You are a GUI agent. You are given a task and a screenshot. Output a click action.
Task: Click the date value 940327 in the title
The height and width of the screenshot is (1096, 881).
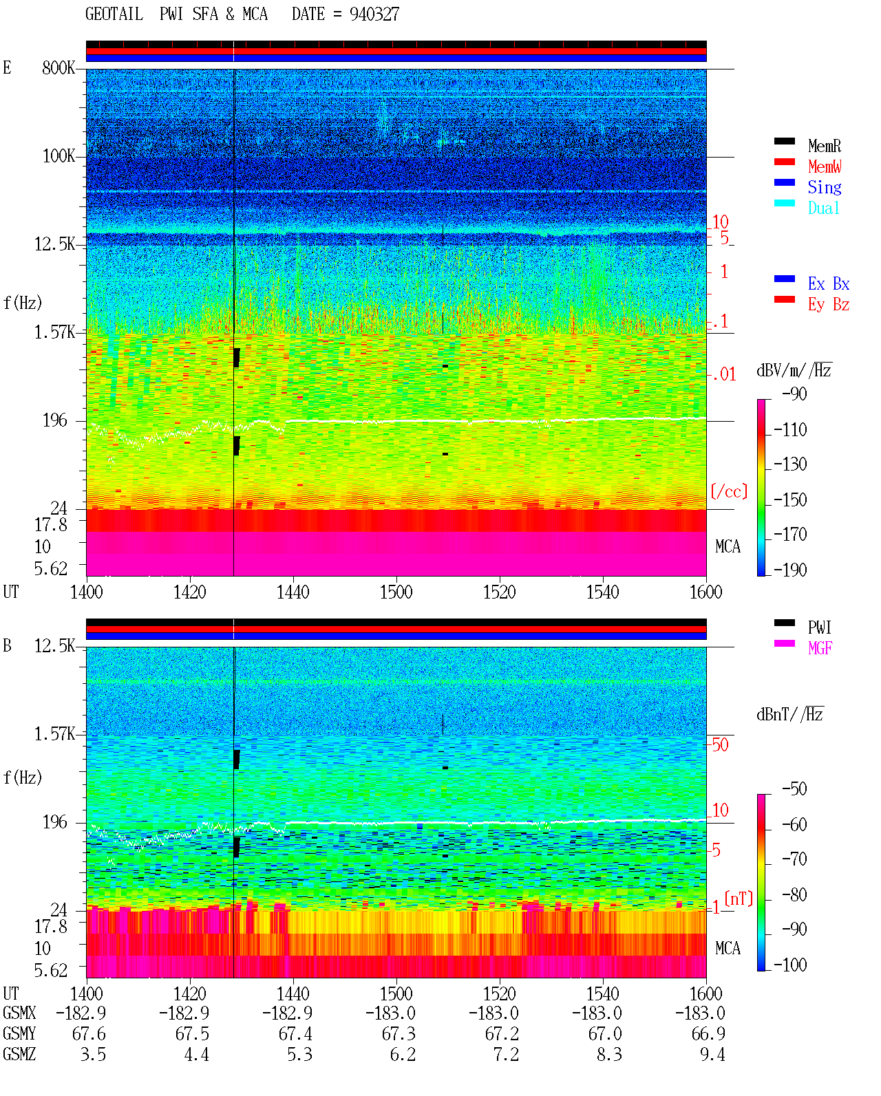click(374, 14)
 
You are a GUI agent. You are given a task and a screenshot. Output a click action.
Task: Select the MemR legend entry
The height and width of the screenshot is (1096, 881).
click(825, 146)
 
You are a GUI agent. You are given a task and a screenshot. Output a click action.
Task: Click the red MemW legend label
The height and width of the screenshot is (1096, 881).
click(825, 166)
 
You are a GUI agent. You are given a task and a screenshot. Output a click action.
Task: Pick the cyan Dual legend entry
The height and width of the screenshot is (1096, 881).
click(823, 208)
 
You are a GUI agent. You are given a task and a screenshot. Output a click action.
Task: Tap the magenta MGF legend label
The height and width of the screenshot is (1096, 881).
click(820, 648)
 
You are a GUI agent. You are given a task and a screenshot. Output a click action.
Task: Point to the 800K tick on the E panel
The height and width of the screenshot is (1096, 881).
click(59, 67)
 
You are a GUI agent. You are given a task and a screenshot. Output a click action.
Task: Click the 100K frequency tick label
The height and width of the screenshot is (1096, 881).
click(59, 156)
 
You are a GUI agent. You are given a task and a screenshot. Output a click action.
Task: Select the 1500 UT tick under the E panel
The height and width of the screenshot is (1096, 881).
click(396, 592)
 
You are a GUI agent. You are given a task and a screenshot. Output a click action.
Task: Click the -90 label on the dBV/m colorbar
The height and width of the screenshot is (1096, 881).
click(794, 394)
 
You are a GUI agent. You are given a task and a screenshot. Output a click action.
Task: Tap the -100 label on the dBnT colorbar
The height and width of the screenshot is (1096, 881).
click(790, 965)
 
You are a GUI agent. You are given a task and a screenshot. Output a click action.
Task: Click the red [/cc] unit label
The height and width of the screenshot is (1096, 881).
click(729, 491)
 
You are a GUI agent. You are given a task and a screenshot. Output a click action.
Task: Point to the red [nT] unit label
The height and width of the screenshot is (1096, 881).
click(739, 899)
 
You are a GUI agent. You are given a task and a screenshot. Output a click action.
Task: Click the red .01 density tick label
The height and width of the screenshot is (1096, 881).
click(724, 375)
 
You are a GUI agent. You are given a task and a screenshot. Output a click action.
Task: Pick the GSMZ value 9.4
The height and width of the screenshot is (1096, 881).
click(712, 1054)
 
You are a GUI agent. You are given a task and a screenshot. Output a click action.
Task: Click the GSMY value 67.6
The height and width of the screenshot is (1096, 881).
click(89, 1034)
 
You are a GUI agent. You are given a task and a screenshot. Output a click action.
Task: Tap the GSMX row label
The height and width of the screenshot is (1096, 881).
click(19, 1013)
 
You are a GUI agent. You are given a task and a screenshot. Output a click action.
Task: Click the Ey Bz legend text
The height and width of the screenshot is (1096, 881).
click(829, 305)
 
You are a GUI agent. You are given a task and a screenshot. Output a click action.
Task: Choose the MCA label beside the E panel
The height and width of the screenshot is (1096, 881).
click(728, 546)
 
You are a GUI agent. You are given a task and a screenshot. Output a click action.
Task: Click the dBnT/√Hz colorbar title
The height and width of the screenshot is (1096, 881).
click(790, 715)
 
